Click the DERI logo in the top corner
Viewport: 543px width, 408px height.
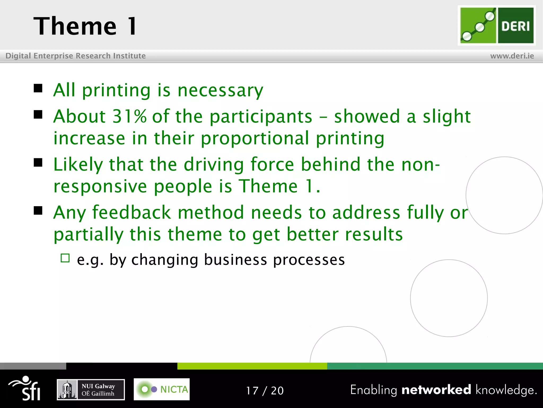pyautogui.click(x=497, y=25)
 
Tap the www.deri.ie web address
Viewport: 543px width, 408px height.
pyautogui.click(x=512, y=56)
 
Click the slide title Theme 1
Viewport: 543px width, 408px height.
pyautogui.click(x=85, y=26)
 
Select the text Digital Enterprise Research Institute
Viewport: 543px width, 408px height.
pyautogui.click(x=76, y=56)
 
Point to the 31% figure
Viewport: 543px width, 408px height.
pyautogui.click(x=129, y=116)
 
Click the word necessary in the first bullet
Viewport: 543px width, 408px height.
pyautogui.click(x=220, y=90)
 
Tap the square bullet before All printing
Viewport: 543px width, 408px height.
pyautogui.click(x=38, y=88)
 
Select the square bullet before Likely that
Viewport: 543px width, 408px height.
pyautogui.click(x=38, y=162)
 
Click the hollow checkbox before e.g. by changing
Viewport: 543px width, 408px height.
pyautogui.click(x=65, y=258)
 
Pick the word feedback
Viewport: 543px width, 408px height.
pyautogui.click(x=132, y=213)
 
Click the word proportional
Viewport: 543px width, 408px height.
pyautogui.click(x=255, y=138)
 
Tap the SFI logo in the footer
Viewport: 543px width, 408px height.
pyautogui.click(x=25, y=388)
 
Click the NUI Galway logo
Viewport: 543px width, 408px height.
pyautogui.click(x=91, y=390)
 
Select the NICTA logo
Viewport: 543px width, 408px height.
pyautogui.click(x=161, y=389)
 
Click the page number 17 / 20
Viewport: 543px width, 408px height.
pyautogui.click(x=265, y=390)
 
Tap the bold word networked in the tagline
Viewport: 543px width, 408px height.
pyautogui.click(x=436, y=390)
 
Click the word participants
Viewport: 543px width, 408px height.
pyautogui.click(x=261, y=117)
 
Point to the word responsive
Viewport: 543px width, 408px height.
pyautogui.click(x=100, y=186)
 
